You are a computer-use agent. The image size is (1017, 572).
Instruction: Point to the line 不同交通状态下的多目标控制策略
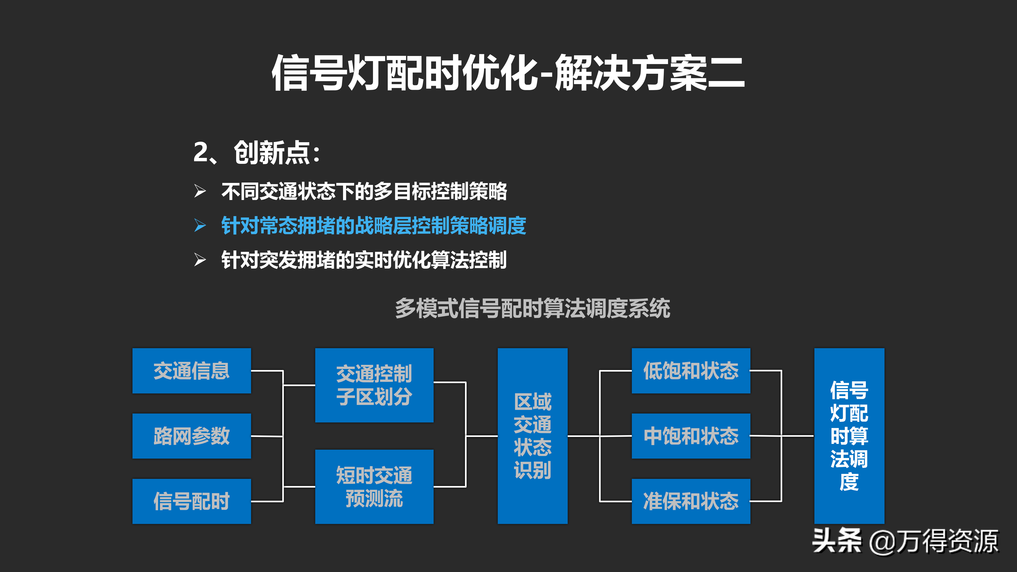(x=364, y=191)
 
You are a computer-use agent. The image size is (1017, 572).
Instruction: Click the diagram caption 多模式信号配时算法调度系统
(x=533, y=308)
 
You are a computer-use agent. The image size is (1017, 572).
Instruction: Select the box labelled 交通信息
(x=191, y=371)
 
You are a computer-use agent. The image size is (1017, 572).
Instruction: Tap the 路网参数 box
(x=191, y=436)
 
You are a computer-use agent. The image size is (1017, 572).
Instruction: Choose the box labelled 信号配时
(x=191, y=501)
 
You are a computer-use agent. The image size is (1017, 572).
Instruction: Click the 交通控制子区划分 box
(x=374, y=385)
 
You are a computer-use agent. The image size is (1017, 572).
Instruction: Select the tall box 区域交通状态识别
(x=532, y=436)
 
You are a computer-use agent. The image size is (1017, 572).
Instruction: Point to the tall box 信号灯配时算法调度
(x=849, y=436)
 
